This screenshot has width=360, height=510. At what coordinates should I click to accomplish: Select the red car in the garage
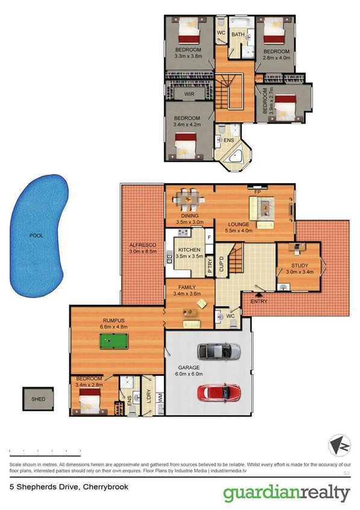coord(219,393)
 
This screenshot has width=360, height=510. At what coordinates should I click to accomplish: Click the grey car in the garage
coord(219,350)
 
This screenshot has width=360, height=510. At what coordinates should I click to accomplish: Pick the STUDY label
coord(299,265)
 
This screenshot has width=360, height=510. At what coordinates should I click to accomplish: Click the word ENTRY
coord(258,301)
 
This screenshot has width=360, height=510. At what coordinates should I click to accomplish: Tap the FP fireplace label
coord(256,191)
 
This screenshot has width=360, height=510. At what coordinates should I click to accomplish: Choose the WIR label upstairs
coord(188,95)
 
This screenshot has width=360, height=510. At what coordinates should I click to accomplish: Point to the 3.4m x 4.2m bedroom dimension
coord(187,125)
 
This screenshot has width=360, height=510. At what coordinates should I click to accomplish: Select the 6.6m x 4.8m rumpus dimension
coord(117,327)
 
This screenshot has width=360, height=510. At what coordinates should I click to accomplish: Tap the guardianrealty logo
coord(287,493)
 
